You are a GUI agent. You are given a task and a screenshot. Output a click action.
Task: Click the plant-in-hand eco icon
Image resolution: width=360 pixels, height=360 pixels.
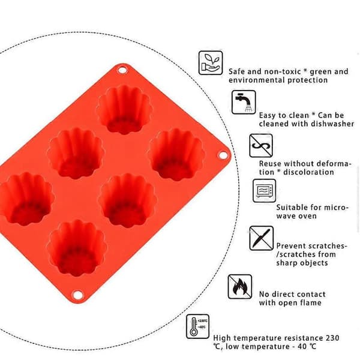[211, 62]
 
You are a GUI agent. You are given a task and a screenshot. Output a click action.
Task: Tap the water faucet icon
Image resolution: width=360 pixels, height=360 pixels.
[244, 102]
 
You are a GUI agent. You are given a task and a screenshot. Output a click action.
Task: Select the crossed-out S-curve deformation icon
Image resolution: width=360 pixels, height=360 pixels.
[261, 146]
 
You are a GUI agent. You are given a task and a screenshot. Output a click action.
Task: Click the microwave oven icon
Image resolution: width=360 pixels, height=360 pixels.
[264, 191]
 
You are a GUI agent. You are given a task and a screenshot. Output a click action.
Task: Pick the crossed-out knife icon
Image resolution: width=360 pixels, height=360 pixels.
[261, 238]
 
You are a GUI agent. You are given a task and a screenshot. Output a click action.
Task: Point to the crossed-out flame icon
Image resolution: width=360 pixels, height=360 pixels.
[239, 287]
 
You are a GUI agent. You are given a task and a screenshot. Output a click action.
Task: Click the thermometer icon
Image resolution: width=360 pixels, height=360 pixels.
[197, 326]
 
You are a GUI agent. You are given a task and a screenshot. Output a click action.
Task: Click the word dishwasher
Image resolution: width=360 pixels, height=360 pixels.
[332, 124]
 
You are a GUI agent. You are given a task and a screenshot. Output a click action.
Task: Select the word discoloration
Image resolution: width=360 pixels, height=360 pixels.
[308, 172]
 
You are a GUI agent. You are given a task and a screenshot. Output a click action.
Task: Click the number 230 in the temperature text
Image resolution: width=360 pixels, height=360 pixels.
[332, 338]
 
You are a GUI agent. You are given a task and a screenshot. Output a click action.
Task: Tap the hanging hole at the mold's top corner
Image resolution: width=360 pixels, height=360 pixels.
[122, 70]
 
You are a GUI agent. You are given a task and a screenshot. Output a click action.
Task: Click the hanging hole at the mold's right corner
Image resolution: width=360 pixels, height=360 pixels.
[222, 155]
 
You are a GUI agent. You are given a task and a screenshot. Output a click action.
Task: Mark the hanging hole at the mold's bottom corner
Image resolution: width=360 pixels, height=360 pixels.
[77, 295]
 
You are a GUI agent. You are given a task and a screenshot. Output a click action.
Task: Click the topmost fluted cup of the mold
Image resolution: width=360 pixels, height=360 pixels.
[124, 109]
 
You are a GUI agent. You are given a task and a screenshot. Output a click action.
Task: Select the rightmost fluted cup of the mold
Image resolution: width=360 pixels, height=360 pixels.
[176, 154]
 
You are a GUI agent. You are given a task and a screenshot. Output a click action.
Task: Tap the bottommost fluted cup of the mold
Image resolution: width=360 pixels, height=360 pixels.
[76, 247]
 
